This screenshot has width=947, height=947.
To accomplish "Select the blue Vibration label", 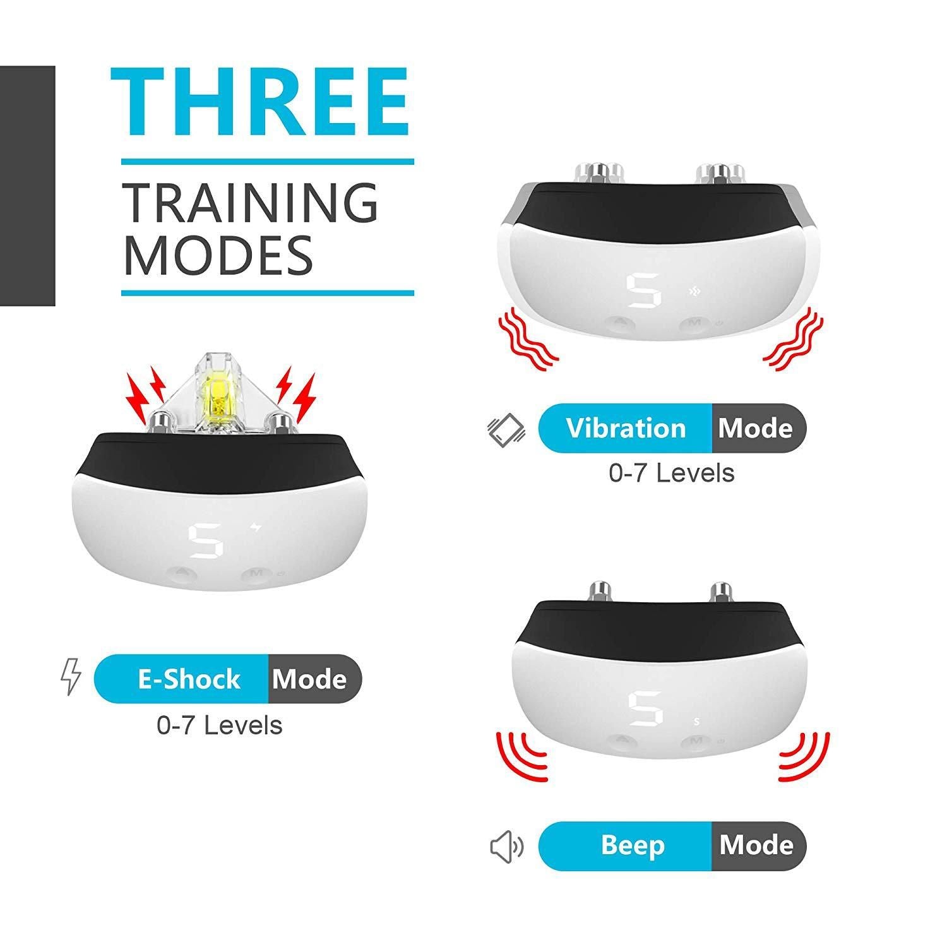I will click(x=626, y=429).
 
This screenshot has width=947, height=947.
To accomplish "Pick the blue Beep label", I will click(x=633, y=845).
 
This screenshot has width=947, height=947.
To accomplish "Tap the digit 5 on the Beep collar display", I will click(x=645, y=708).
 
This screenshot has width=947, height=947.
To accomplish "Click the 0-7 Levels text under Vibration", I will click(x=672, y=473).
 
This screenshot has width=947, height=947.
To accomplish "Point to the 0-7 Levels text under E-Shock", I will click(x=219, y=725).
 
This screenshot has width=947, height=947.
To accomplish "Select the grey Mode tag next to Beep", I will click(x=757, y=845).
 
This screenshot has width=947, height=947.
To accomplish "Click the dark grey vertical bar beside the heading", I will click(x=27, y=186).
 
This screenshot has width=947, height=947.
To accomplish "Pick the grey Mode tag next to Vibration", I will click(x=756, y=429).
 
